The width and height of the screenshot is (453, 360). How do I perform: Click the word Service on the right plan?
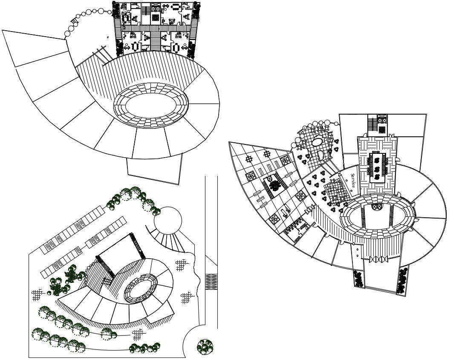tap(353, 180)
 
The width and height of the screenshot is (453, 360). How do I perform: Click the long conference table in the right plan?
tap(377, 167)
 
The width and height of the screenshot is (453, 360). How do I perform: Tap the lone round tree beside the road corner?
tap(205, 346)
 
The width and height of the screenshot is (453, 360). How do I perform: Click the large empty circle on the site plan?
tap(168, 221)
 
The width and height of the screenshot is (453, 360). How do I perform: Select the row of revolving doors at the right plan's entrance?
tap(377, 259)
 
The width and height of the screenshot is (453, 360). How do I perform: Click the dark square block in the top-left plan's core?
tap(156, 17)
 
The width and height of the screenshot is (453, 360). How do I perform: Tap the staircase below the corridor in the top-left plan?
tap(156, 40)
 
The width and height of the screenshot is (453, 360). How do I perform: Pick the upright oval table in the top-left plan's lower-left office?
tap(136, 46)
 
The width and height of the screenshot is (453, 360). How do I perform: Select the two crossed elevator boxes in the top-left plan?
tap(156, 7)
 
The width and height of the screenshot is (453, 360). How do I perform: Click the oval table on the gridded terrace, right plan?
tap(317, 142)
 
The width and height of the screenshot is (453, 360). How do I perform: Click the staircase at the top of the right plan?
tap(372, 123)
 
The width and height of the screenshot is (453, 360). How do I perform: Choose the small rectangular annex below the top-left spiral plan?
tap(154, 169)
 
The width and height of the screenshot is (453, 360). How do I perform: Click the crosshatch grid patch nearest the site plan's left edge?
tap(36, 295)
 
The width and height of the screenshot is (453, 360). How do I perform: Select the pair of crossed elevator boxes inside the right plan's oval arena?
tap(377, 207)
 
